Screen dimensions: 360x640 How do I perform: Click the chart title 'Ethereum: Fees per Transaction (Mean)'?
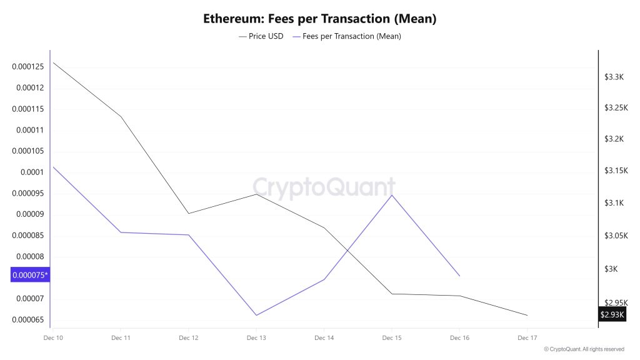[319, 19]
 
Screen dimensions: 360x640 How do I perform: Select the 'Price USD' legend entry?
[261, 36]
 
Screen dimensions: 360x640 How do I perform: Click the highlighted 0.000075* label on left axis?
[30, 274]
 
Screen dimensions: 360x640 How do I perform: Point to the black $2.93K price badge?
[612, 314]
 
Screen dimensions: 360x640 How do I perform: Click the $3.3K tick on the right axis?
[614, 77]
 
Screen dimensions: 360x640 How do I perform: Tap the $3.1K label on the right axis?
[614, 203]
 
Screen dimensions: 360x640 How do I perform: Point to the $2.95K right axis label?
[616, 302]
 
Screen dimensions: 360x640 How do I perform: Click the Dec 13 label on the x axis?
[256, 338]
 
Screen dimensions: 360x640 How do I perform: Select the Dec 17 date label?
[527, 338]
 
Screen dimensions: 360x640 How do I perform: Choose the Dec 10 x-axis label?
[53, 338]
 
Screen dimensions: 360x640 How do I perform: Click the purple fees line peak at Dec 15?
[392, 195]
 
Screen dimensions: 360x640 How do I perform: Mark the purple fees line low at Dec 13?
[256, 315]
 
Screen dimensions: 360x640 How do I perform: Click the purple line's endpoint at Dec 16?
[459, 276]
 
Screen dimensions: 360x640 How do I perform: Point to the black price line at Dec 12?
[189, 213]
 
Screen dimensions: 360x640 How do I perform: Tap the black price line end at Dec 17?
[527, 315]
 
